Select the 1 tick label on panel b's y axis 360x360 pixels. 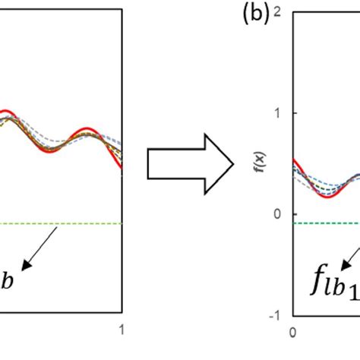pyautogui.click(x=279, y=113)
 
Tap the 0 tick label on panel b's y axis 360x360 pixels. pyautogui.click(x=279, y=214)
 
